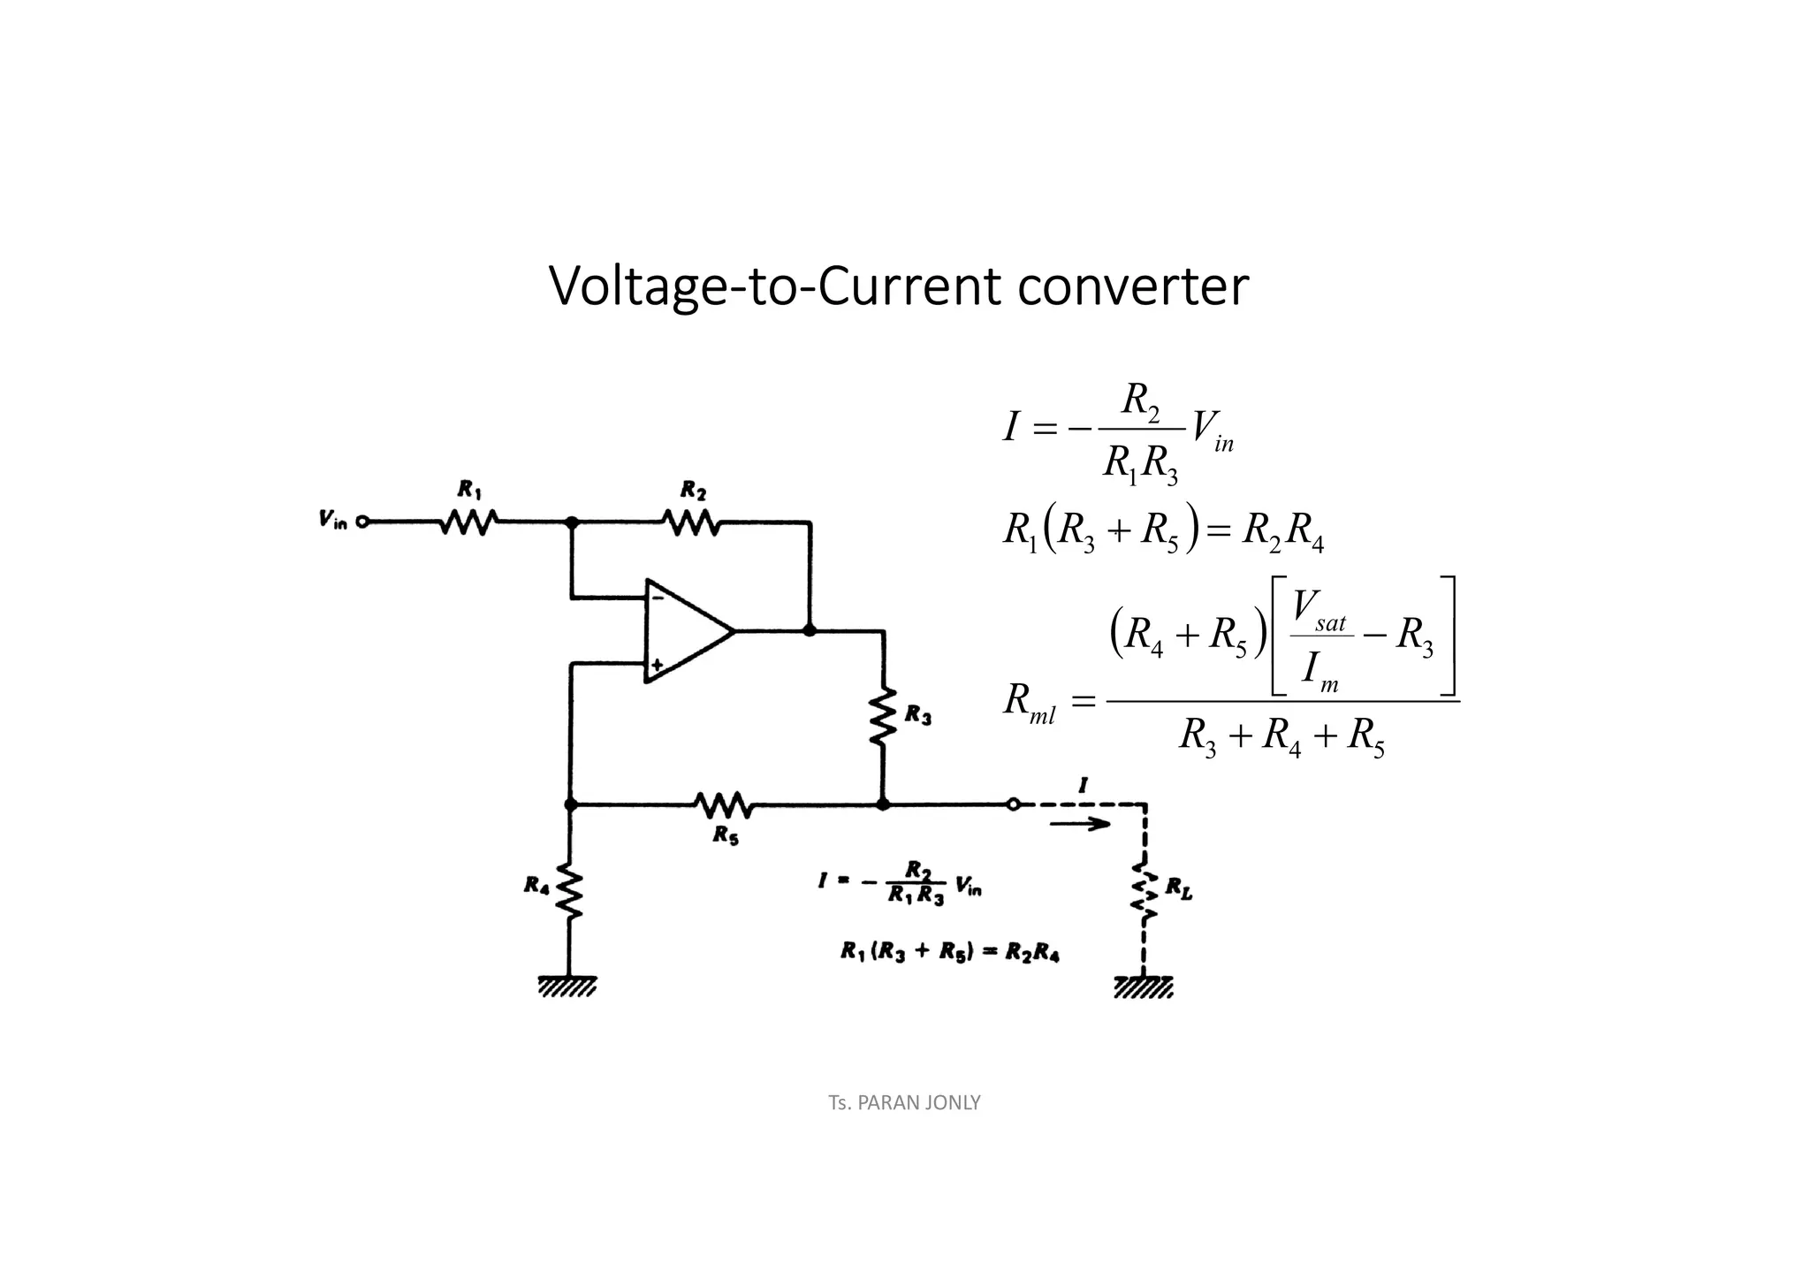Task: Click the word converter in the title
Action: pos(1133,286)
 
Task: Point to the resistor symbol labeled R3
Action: pos(882,716)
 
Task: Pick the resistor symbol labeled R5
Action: pos(724,804)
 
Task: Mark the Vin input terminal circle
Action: pos(361,522)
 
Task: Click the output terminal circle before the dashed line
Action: pos(1013,804)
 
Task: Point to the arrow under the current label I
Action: pos(1080,824)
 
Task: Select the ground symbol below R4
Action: pos(568,986)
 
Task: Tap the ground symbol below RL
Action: pos(1144,986)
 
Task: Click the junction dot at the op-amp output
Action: pos(810,630)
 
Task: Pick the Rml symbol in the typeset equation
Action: pos(1029,704)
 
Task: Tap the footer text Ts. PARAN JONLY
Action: pos(904,1102)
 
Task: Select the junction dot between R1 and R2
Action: pos(572,522)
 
